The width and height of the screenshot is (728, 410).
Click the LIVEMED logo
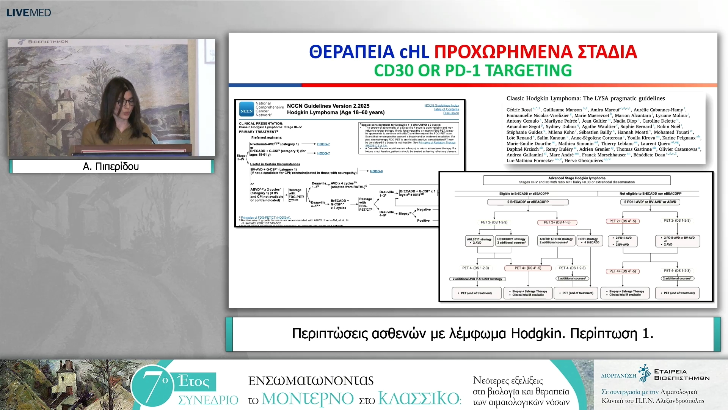(28, 13)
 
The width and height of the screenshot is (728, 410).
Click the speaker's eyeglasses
(126, 102)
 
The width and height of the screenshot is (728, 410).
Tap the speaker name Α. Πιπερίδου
(111, 166)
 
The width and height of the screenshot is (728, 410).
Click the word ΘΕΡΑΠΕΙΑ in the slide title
(351, 52)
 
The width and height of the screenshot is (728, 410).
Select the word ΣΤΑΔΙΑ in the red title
(607, 52)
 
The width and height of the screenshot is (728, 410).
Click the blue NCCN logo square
(246, 109)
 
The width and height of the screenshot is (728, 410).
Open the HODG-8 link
(376, 171)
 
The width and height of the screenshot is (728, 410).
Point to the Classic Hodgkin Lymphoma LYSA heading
(585, 98)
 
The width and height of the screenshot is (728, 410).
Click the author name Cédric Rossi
(519, 110)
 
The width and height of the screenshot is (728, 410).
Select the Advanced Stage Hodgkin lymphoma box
(576, 180)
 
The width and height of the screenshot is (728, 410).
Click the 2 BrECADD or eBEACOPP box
(528, 202)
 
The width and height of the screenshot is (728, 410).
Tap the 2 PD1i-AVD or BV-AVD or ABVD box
(650, 202)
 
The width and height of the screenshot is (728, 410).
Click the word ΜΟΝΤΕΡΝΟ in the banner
(308, 399)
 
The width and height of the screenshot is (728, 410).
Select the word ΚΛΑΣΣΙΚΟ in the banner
(419, 399)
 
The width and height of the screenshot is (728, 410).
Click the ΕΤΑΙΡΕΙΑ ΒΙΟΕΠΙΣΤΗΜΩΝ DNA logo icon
(644, 374)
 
